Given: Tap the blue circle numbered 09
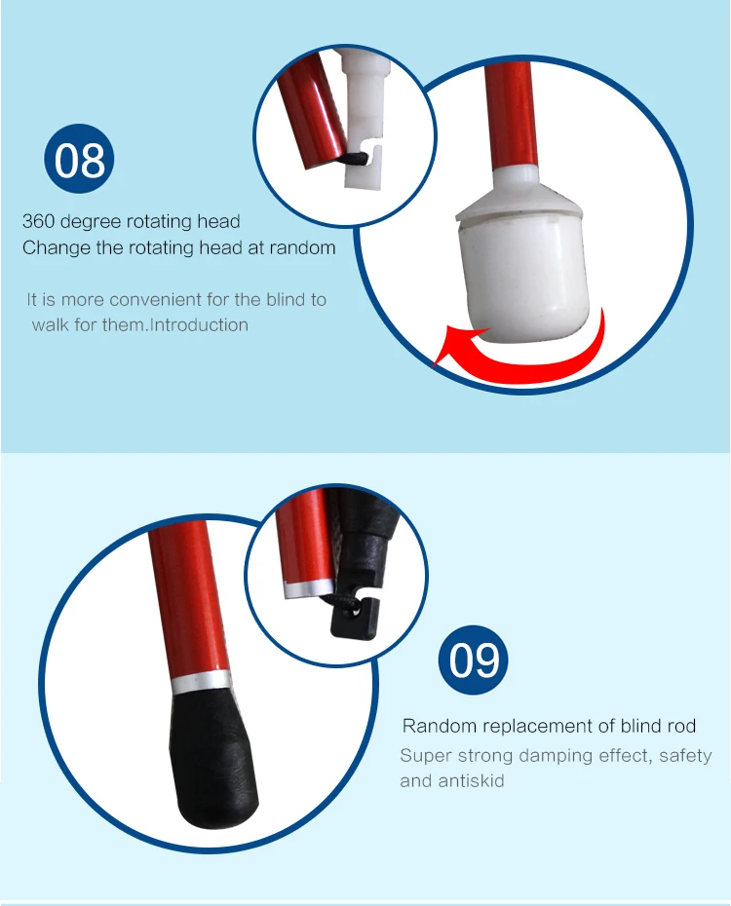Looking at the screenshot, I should (474, 661).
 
